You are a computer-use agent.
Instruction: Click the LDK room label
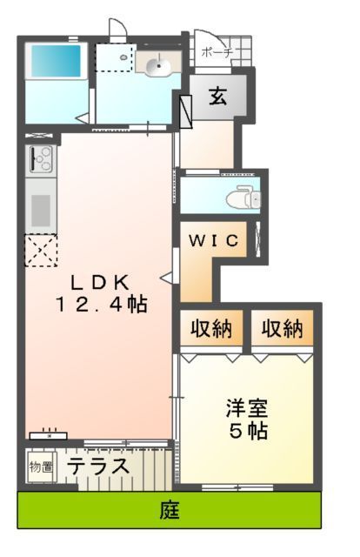click(x=100, y=281)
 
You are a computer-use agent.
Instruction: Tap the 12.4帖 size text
click(x=102, y=305)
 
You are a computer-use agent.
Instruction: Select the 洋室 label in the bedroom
click(x=247, y=406)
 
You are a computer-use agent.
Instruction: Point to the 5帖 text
click(x=248, y=430)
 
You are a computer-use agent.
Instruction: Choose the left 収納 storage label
click(x=210, y=329)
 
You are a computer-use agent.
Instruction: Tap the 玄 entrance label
click(x=217, y=97)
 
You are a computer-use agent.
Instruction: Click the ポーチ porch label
click(x=217, y=53)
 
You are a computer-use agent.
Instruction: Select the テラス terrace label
click(x=100, y=466)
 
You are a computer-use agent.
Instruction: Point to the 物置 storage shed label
click(x=41, y=467)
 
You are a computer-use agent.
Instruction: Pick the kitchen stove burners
click(x=41, y=160)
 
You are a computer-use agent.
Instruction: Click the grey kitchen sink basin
click(x=41, y=210)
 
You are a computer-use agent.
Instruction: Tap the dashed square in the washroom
click(x=114, y=58)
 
